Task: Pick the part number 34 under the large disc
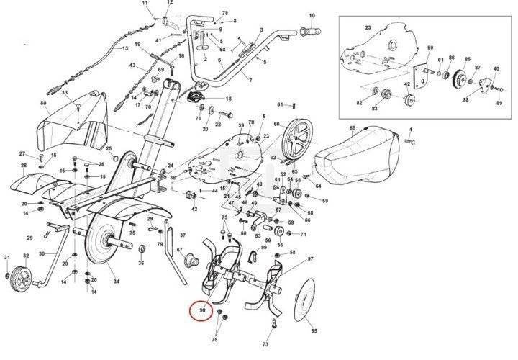pyautogui.click(x=117, y=281)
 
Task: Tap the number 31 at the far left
pyautogui.click(x=7, y=257)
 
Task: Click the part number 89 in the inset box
pyautogui.click(x=498, y=105)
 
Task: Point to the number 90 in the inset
pyautogui.click(x=430, y=49)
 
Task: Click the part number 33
pyautogui.click(x=64, y=94)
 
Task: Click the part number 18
pyautogui.click(x=229, y=99)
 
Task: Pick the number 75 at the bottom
pyautogui.click(x=214, y=338)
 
